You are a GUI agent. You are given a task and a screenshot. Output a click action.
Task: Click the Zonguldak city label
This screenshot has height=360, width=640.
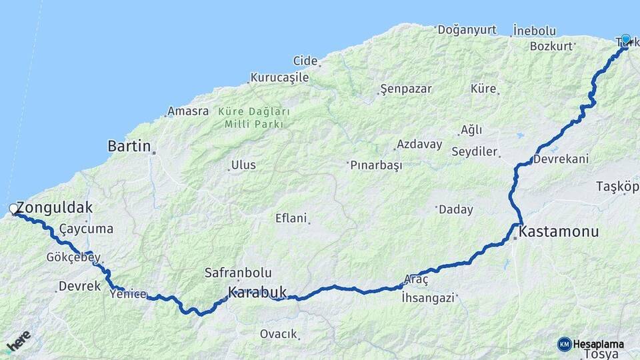55,207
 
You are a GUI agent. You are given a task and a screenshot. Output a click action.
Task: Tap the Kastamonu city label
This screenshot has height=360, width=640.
559,232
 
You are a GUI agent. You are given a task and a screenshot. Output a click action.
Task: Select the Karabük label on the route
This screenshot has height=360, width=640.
257,292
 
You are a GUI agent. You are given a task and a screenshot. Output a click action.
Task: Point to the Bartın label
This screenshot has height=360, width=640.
129,146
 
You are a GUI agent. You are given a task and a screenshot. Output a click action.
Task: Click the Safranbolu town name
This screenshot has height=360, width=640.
238,273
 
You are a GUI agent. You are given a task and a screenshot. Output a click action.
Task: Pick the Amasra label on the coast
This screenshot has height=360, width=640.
188,111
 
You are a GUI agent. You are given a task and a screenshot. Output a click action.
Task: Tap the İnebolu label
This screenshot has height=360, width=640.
534,31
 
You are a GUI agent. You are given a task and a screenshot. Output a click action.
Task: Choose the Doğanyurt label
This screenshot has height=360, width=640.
467,30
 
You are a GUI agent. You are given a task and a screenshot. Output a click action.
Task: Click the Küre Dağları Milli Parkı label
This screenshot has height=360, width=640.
254,117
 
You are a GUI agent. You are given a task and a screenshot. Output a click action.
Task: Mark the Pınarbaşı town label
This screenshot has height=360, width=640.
377,165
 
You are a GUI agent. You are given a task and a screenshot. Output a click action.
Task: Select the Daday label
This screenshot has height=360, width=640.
456,209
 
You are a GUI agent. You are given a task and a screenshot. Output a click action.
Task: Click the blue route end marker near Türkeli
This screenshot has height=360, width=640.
625,39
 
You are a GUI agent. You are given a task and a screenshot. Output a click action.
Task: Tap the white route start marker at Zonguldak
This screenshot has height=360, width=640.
13,209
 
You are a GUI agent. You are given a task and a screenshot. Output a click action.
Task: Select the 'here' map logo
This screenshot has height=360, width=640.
19,341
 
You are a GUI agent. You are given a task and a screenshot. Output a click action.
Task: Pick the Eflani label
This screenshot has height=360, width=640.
291,218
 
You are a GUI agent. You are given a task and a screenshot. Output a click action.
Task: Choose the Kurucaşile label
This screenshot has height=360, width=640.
280,77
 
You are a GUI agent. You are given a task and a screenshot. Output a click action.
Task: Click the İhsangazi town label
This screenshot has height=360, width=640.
428,298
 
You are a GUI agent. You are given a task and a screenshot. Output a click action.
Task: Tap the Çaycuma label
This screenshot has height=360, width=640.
86,229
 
